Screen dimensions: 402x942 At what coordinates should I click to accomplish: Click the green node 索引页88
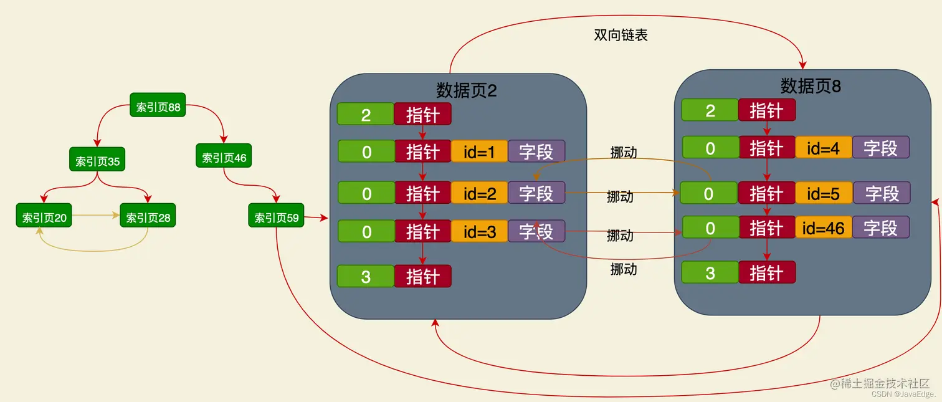tap(158, 107)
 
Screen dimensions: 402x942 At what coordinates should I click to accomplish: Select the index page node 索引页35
tap(97, 161)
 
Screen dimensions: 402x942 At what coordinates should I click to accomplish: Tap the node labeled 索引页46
tap(224, 158)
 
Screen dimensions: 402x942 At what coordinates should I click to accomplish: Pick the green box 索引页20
tap(44, 218)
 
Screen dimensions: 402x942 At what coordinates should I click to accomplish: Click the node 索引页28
tap(148, 218)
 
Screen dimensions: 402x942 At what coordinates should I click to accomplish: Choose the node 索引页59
tap(276, 218)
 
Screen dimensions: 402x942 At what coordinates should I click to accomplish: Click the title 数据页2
tap(466, 90)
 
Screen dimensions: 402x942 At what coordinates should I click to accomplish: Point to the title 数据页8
tap(811, 85)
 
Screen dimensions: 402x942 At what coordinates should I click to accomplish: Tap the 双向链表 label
tap(621, 35)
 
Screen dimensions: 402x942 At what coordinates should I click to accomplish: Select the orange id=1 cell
tap(479, 151)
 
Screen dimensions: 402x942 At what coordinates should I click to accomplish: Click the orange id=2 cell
tap(479, 193)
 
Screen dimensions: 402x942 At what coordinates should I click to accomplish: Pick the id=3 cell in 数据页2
tap(479, 232)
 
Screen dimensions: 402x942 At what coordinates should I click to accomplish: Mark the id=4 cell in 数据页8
tap(824, 148)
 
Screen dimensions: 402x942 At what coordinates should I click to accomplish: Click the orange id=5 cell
tap(824, 193)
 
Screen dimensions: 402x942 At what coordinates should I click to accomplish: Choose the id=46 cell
tap(824, 228)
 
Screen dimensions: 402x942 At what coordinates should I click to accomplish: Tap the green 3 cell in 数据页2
tap(366, 276)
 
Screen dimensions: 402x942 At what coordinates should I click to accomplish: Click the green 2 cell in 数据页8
tap(710, 111)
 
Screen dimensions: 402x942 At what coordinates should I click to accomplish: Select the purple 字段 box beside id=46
tap(881, 228)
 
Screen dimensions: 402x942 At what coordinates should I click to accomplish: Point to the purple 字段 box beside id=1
tap(536, 151)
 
